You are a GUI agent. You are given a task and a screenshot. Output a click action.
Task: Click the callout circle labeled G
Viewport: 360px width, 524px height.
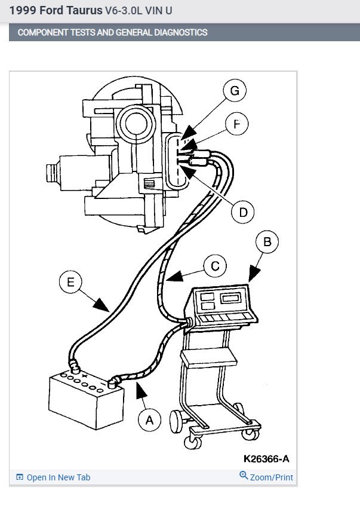pyautogui.click(x=235, y=91)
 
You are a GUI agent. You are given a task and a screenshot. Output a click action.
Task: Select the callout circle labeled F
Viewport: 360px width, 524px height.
pyautogui.click(x=237, y=124)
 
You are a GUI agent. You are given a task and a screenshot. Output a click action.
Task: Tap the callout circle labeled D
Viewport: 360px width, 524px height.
pyautogui.click(x=243, y=212)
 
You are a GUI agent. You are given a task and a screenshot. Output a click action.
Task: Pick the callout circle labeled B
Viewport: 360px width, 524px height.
pyautogui.click(x=267, y=242)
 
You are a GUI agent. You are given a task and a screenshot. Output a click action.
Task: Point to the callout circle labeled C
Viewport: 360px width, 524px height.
pyautogui.click(x=214, y=266)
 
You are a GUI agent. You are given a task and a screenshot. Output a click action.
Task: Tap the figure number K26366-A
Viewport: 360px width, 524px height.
pyautogui.click(x=266, y=459)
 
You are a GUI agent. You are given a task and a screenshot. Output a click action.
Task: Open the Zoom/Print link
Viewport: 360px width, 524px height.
pyautogui.click(x=271, y=477)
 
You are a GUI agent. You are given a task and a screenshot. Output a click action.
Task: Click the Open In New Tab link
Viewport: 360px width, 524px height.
pyautogui.click(x=59, y=477)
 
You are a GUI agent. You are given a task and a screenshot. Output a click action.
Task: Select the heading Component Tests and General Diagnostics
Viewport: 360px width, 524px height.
pyautogui.click(x=113, y=32)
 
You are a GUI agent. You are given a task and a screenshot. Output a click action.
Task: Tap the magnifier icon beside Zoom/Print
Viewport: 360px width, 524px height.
pyautogui.click(x=244, y=476)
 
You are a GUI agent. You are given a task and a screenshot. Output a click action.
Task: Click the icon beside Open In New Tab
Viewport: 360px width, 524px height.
pyautogui.click(x=20, y=477)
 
